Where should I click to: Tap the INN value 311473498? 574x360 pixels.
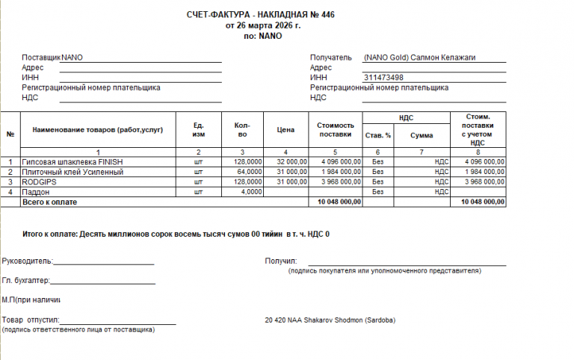(383, 78)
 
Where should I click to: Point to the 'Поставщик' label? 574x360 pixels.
(41, 58)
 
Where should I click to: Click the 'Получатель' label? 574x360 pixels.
(330, 58)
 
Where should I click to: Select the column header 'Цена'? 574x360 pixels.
(286, 130)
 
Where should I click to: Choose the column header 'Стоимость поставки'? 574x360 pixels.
(334, 130)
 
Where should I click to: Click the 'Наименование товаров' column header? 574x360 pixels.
(97, 130)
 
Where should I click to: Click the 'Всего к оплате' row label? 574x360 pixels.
(49, 202)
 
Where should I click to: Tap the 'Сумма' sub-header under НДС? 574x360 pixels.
(422, 135)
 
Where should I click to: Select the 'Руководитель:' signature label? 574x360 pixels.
(28, 261)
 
